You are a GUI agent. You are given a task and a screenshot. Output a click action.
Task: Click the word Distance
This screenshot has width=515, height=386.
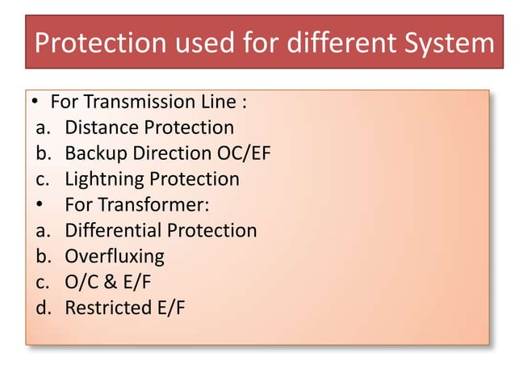pyautogui.click(x=102, y=128)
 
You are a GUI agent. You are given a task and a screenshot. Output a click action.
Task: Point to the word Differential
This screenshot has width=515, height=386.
pyautogui.click(x=114, y=230)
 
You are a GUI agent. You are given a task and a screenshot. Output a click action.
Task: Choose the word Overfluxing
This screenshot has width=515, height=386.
pyautogui.click(x=115, y=256)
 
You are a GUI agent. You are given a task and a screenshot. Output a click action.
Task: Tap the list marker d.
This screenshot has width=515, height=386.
pyautogui.click(x=43, y=308)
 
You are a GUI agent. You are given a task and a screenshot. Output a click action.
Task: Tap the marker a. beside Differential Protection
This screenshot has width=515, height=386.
pyautogui.click(x=43, y=230)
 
